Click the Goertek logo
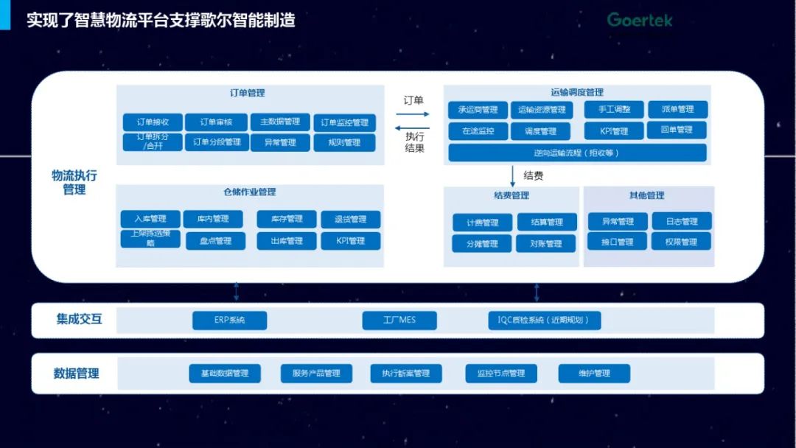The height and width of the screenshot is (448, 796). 640,20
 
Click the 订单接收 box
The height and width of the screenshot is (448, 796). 152,122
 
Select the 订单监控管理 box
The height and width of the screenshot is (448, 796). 344,122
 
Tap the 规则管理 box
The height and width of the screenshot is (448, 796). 344,142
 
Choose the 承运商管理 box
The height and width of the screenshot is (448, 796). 478,110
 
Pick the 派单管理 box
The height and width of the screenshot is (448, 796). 677,110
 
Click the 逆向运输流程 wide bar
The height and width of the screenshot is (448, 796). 577,153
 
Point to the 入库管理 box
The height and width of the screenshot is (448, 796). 150,219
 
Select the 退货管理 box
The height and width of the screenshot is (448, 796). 351,219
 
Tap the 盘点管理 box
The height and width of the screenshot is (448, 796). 214,241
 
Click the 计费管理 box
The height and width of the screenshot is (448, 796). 482,222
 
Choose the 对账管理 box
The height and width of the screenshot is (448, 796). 545,243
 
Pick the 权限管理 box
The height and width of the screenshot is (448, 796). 681,242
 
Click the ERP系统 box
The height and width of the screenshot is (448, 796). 229,321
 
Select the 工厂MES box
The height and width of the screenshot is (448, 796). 399,321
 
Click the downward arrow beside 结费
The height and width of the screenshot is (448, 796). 513,176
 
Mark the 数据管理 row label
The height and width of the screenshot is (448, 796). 76,374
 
